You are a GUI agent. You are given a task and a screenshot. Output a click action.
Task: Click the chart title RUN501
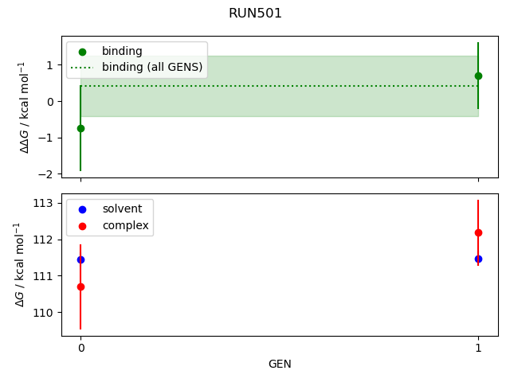(255, 14)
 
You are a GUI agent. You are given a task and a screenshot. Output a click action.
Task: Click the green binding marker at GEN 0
(80, 128)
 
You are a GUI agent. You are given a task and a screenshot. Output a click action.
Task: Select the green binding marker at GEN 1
(478, 76)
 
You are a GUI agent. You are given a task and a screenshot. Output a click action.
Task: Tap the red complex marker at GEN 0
(80, 286)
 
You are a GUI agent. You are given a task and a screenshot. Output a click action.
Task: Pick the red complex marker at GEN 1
(478, 232)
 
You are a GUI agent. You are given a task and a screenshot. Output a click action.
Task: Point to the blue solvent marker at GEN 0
(80, 259)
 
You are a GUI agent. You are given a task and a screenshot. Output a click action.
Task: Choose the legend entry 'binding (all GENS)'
(151, 67)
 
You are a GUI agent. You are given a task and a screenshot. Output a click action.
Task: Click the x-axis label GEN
(280, 364)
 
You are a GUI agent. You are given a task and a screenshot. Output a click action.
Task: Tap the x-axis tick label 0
(80, 349)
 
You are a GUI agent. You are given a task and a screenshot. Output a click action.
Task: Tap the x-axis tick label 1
(478, 349)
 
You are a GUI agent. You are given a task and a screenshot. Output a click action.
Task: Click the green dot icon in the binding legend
(82, 52)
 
